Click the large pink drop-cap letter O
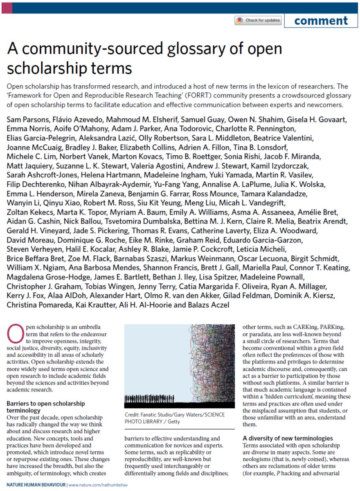pos(14,330)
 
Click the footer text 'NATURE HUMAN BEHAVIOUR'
pos(34,484)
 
